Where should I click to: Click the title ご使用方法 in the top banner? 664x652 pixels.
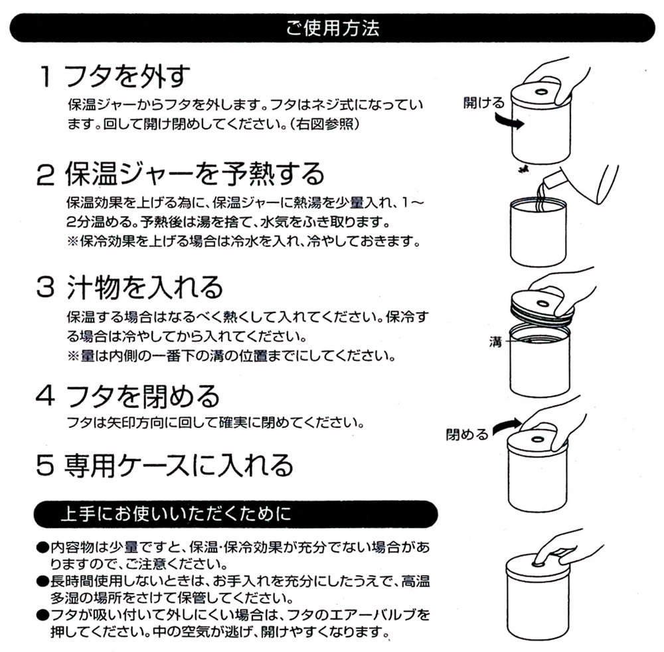[x=333, y=28]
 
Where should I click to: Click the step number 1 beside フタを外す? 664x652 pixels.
[x=46, y=76]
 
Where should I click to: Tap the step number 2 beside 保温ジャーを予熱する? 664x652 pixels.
[x=45, y=174]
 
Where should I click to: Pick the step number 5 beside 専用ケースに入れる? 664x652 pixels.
[x=45, y=465]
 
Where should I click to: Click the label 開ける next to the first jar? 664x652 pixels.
[x=483, y=102]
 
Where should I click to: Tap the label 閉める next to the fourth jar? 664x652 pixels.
[x=467, y=434]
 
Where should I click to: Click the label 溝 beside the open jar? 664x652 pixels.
[x=495, y=342]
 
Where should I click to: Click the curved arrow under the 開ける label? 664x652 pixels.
[x=510, y=122]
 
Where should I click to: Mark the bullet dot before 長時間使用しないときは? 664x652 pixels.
[x=42, y=582]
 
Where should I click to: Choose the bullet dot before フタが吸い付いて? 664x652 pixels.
[x=42, y=616]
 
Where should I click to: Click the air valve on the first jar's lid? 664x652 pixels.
[x=540, y=92]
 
